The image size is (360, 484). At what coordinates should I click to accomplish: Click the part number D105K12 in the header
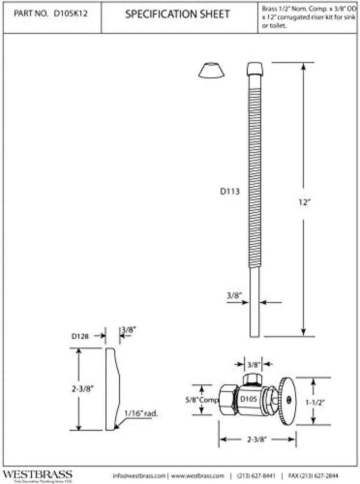(70, 15)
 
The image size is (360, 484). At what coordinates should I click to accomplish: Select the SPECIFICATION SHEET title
(178, 15)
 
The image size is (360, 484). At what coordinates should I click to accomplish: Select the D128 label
(81, 336)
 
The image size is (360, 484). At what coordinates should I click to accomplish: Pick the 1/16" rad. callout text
(141, 413)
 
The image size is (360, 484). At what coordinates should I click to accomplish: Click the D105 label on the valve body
(249, 399)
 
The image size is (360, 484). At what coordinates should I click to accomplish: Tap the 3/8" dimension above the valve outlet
(254, 364)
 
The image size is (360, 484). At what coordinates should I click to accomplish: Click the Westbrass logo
(37, 475)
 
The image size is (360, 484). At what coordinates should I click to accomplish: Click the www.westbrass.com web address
(197, 475)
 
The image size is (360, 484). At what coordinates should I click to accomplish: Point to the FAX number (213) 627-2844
(313, 475)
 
